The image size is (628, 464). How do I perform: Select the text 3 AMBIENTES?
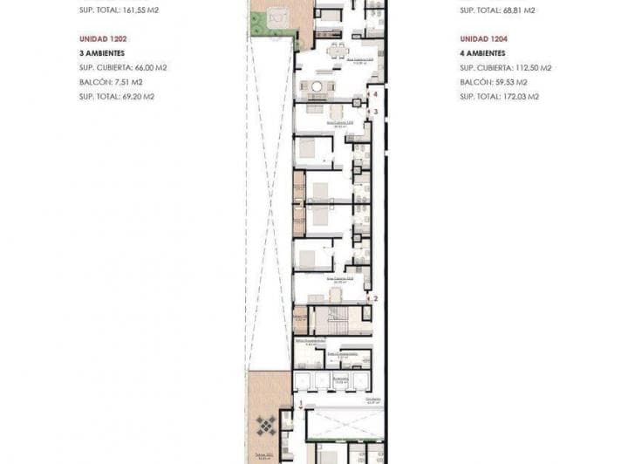click(103, 53)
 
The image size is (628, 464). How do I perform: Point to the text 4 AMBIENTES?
click(484, 53)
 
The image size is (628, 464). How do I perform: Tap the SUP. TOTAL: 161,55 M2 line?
click(120, 11)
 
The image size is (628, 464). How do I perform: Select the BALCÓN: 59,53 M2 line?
click(499, 82)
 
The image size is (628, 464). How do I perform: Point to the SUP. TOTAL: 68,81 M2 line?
click(498, 11)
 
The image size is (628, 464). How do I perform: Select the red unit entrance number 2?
click(375, 298)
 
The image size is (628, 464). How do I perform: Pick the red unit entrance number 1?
click(301, 404)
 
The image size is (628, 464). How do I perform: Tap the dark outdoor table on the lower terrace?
click(265, 426)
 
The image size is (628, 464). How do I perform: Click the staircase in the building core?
click(331, 320)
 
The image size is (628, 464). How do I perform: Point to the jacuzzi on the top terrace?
click(278, 15)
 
